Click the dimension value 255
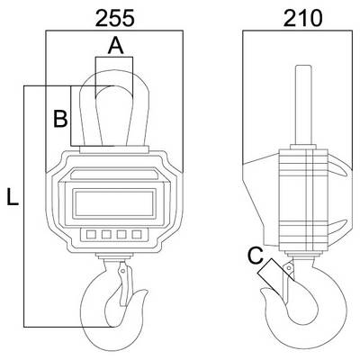(x=114, y=19)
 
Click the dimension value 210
(x=302, y=19)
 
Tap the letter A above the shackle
(x=115, y=47)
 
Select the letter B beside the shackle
(x=60, y=119)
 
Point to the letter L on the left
(x=13, y=197)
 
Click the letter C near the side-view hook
(x=256, y=256)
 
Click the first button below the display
(x=91, y=234)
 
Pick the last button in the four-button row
(x=137, y=234)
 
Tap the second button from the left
(x=106, y=234)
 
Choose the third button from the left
(x=121, y=234)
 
